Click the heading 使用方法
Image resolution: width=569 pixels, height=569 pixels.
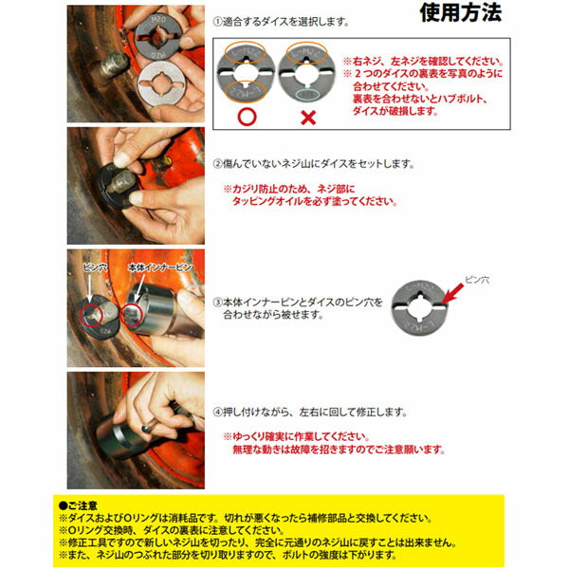click(x=460, y=12)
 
